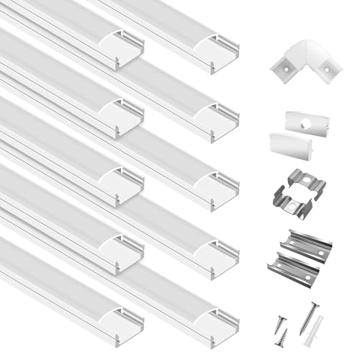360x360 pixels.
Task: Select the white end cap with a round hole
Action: [x=297, y=120]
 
